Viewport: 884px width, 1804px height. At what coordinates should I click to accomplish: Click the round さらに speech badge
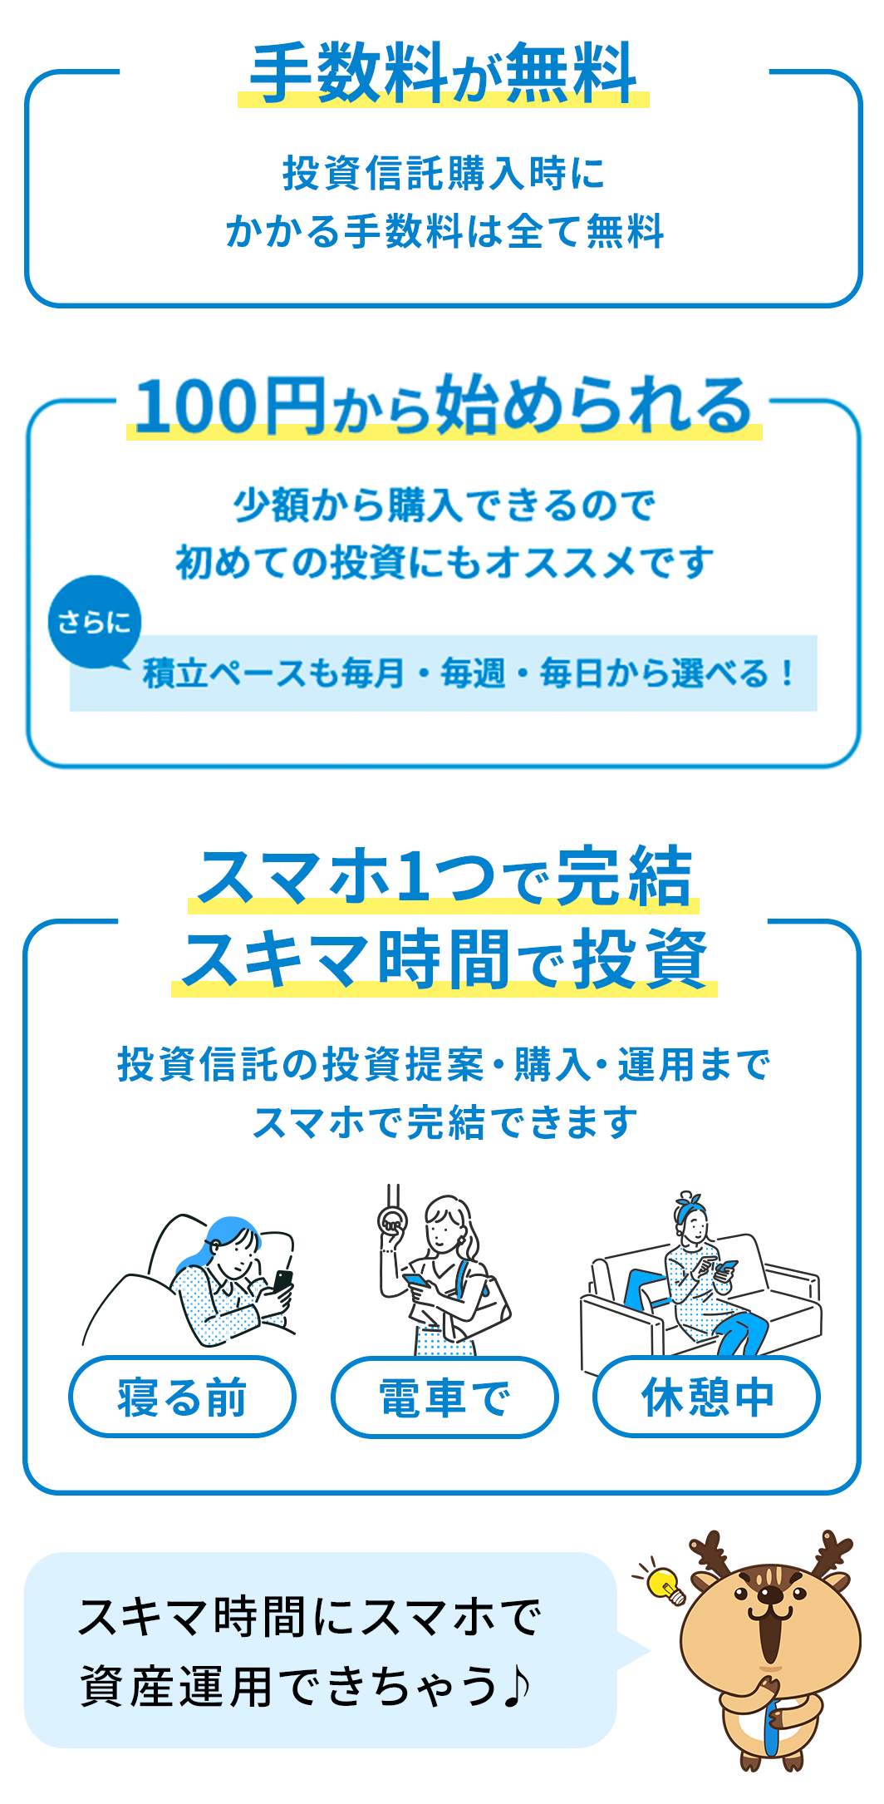[x=94, y=622]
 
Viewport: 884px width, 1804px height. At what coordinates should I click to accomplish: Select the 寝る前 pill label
[x=182, y=1397]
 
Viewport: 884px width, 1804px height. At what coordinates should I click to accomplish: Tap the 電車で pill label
[x=444, y=1397]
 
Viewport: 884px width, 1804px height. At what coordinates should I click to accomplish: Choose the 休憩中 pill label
[x=707, y=1397]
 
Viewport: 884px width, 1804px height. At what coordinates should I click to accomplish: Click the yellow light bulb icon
[x=665, y=1583]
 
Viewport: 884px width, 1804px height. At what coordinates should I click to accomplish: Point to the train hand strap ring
[x=392, y=1220]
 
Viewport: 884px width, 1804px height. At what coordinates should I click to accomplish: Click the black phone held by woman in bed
[x=283, y=1281]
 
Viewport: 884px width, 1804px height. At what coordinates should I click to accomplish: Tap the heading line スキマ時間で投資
[x=444, y=959]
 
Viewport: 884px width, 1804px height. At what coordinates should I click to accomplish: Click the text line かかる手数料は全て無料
[x=444, y=231]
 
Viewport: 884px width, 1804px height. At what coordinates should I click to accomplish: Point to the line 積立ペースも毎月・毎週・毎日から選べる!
[x=469, y=673]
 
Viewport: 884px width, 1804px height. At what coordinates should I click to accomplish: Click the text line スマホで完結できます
[x=444, y=1122]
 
